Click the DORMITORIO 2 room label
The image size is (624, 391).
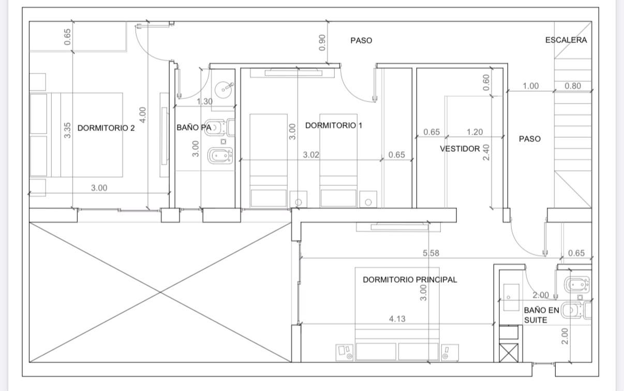tap(106, 128)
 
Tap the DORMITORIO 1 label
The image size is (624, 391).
tap(334, 125)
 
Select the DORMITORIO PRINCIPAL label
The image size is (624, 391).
tap(410, 280)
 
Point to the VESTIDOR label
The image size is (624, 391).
tap(460, 149)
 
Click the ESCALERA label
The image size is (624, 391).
tap(566, 40)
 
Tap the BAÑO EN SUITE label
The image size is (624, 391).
tap(542, 315)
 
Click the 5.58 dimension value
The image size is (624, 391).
tap(431, 253)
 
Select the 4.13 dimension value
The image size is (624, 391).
tap(397, 319)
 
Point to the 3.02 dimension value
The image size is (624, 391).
tap(311, 155)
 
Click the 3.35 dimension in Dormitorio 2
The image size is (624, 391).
tap(67, 130)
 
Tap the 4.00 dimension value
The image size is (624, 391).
tap(143, 115)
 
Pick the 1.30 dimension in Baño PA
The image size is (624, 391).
tap(205, 102)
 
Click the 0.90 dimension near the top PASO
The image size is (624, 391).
tap(322, 42)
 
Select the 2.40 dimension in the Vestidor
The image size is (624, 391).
tap(486, 152)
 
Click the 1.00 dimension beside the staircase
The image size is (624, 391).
tap(531, 86)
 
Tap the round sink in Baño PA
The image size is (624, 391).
tap(224, 90)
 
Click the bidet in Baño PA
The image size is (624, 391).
tap(220, 155)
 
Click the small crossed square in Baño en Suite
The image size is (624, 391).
tap(509, 353)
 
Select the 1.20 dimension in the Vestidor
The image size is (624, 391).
tap(474, 132)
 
